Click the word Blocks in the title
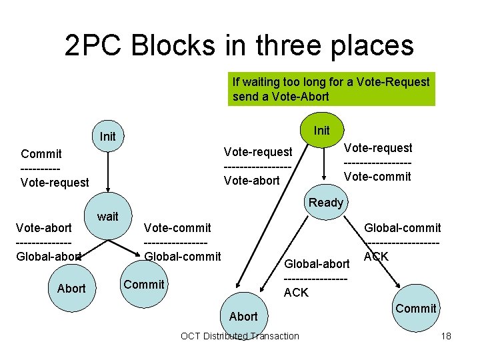pyautogui.click(x=173, y=45)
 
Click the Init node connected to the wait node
pyautogui.click(x=107, y=136)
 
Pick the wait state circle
pyautogui.click(x=107, y=216)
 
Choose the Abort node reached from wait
pyautogui.click(x=71, y=288)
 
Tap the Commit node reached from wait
pyautogui.click(x=143, y=284)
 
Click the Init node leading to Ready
pyautogui.click(x=321, y=130)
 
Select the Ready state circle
pyautogui.click(x=325, y=202)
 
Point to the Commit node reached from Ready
pyautogui.click(x=415, y=308)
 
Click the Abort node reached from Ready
pyautogui.click(x=243, y=315)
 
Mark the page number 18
pyautogui.click(x=446, y=335)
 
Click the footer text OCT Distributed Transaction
pyautogui.click(x=240, y=335)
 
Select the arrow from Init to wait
pyautogui.click(x=107, y=177)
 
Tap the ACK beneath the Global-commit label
pyautogui.click(x=376, y=256)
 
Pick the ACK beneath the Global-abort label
pyautogui.click(x=296, y=292)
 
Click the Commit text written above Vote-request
pyautogui.click(x=41, y=153)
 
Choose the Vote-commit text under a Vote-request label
pyautogui.click(x=377, y=177)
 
